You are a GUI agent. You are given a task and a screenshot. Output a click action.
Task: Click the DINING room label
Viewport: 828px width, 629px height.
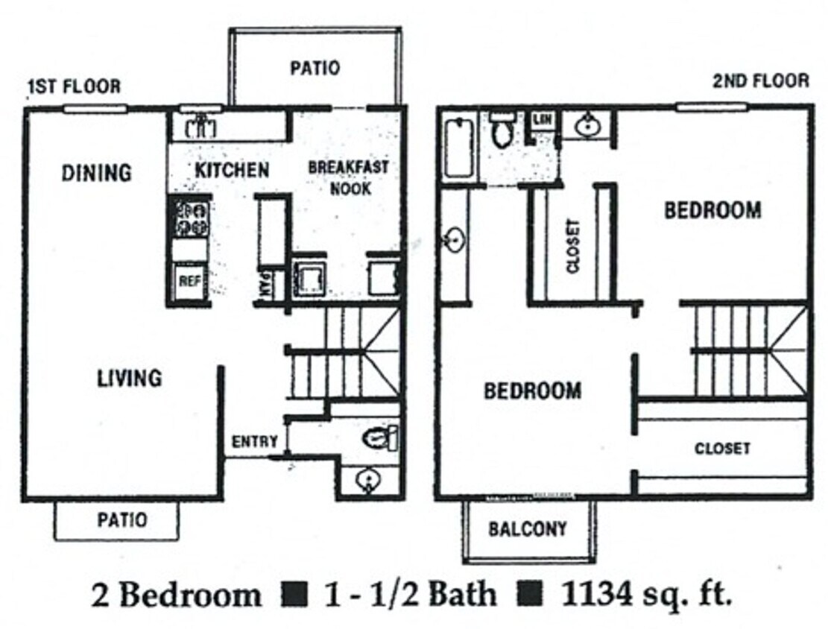[x=97, y=173]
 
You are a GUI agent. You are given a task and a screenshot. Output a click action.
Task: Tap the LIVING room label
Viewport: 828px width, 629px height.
[x=129, y=378]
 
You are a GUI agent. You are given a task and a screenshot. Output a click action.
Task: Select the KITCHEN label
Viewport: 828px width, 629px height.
[x=232, y=170]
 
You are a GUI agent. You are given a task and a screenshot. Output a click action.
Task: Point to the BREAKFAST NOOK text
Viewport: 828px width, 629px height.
[x=349, y=177]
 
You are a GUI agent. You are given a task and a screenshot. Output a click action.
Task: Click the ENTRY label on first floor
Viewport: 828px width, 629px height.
[x=255, y=441]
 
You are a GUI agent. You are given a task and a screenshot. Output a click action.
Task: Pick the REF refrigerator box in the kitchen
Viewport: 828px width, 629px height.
[x=189, y=282]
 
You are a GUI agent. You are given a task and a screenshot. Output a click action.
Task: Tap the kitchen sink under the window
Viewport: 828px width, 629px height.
[x=200, y=127]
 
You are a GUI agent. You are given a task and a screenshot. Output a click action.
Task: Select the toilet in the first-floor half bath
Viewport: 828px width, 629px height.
[x=380, y=437]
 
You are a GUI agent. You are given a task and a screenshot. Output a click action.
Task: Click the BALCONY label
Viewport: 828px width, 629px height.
[x=528, y=529]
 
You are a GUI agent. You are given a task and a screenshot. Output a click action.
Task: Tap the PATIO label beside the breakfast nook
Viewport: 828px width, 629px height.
[x=315, y=68]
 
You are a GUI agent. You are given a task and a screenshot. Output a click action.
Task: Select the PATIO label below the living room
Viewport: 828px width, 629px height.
[x=122, y=519]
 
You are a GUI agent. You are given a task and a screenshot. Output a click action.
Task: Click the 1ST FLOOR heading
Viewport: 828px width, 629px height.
[x=73, y=86]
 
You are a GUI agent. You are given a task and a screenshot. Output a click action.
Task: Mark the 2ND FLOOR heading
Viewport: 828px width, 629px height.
[x=760, y=80]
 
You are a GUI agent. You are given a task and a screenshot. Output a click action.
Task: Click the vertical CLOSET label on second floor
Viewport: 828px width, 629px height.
[x=572, y=247]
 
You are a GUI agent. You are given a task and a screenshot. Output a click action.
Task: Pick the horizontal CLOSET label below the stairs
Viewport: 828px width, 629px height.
[x=722, y=449]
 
